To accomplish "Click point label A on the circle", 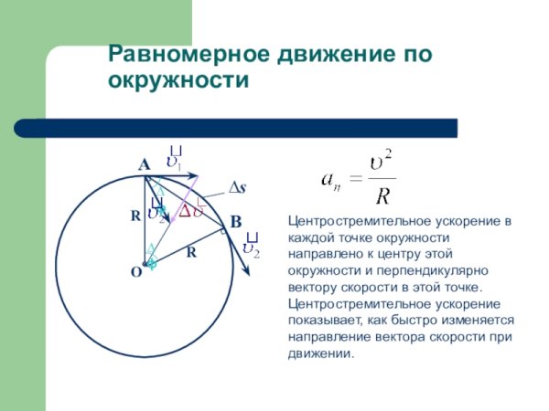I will coord(144,165).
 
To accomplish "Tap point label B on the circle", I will coord(235,222).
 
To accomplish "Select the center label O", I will coord(135,272).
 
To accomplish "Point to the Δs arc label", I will coord(237,187).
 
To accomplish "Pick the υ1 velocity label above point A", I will coord(174,160).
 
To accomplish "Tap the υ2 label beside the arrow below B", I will coord(250,247).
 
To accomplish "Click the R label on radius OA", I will coord(135,216).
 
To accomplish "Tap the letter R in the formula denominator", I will coord(383,195).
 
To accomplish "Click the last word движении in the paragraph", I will coord(320,353).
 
